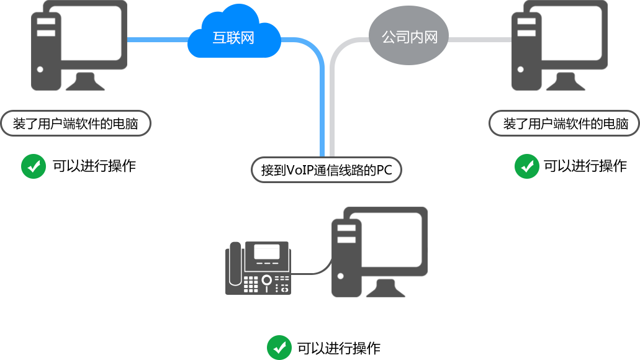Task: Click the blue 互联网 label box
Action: [234, 31]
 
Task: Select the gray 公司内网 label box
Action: [408, 35]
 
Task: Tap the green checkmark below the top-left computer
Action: [34, 166]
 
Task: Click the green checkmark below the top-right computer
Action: [526, 166]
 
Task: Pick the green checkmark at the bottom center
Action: [279, 347]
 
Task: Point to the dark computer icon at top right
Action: [559, 45]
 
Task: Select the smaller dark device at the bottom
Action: [258, 264]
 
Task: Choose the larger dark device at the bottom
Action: [380, 252]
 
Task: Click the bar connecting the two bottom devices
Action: [312, 266]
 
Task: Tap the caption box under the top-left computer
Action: [75, 124]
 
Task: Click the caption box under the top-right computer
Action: [563, 124]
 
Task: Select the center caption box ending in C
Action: [326, 169]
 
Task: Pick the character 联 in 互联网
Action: [234, 38]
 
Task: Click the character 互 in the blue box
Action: [220, 38]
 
